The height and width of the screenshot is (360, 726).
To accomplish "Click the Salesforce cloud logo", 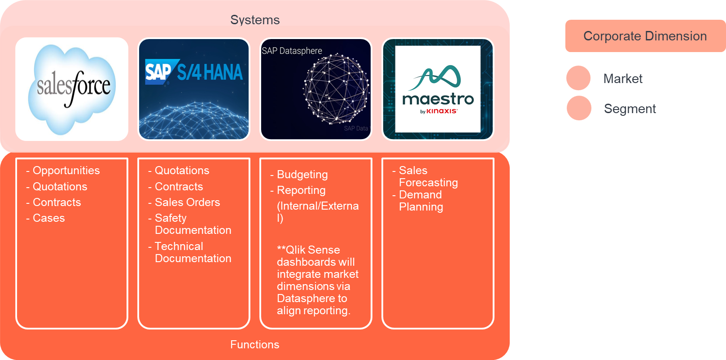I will [72, 89].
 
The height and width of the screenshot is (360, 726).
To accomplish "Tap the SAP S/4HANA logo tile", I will [194, 89].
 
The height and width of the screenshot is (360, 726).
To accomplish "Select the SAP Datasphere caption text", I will [292, 51].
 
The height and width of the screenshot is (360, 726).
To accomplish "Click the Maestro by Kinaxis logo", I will [437, 89].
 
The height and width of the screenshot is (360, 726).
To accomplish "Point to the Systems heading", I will [255, 20].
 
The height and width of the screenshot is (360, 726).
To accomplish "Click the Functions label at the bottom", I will [255, 344].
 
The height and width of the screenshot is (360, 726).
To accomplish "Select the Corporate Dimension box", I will [645, 36].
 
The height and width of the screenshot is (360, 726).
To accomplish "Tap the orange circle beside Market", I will [578, 78].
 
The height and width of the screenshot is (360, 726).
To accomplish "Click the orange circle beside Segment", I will [578, 108].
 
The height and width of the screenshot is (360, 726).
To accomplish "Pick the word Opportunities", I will [66, 171].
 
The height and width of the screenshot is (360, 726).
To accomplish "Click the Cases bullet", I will [48, 218].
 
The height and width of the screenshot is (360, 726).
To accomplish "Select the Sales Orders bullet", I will [187, 202].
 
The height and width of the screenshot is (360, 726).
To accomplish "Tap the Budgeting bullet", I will [302, 175].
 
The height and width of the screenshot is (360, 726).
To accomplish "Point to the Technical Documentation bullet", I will [192, 252].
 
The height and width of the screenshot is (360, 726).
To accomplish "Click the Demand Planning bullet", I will [420, 201].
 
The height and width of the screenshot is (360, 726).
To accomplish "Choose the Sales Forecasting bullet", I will [428, 176].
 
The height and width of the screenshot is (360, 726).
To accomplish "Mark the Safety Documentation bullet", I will [192, 224].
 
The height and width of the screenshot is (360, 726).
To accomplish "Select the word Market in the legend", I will [623, 79].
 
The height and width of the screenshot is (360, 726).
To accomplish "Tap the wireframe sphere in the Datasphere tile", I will [336, 88].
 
